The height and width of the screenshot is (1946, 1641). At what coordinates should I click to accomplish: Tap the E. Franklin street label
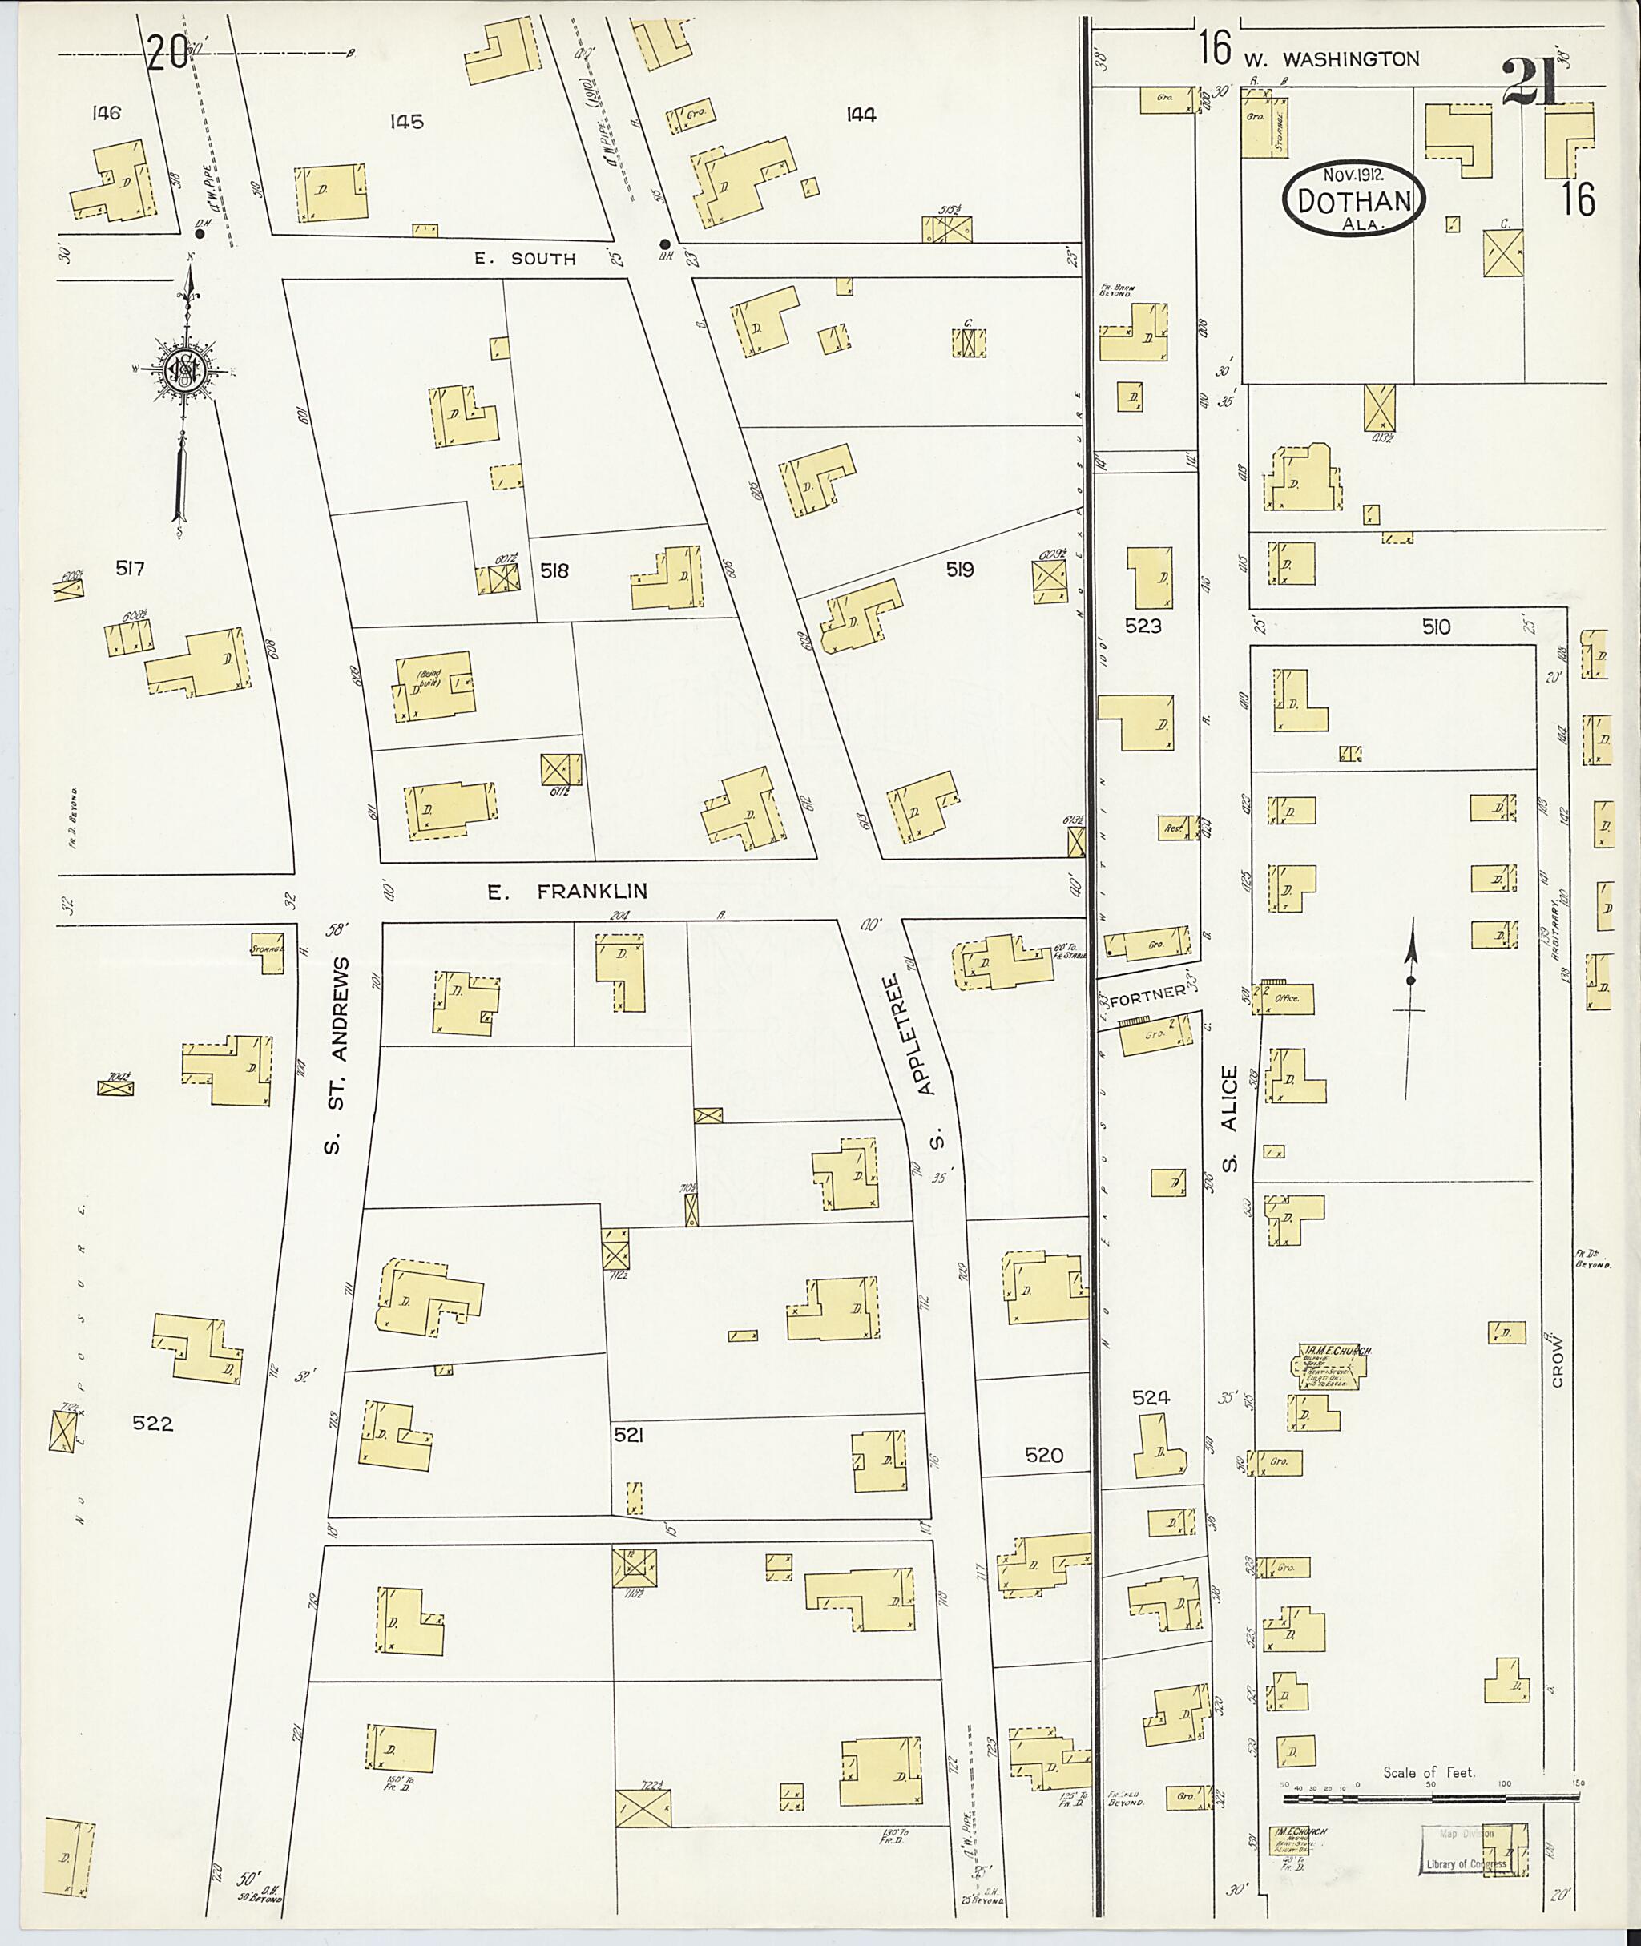click(567, 892)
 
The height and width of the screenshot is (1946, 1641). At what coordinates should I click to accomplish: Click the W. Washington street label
click(1331, 58)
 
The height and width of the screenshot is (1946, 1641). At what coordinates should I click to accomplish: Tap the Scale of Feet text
click(1428, 1772)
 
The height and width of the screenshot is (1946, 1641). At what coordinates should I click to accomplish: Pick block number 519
click(959, 570)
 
